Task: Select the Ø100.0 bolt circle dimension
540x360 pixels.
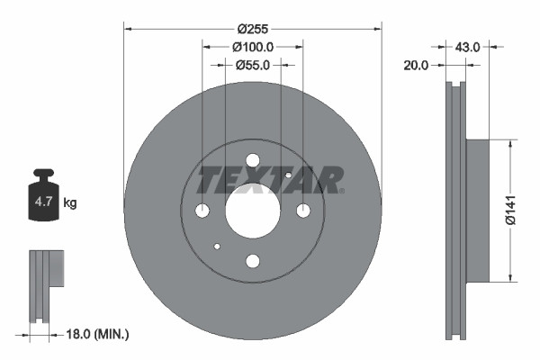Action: tap(253, 46)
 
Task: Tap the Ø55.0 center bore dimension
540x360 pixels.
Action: tap(253, 65)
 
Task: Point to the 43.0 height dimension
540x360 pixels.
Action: tap(468, 44)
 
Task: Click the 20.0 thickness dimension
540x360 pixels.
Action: tap(416, 65)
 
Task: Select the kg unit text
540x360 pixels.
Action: tap(70, 203)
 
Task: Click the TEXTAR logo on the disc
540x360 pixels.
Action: tap(270, 180)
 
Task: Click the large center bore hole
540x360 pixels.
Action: tap(252, 211)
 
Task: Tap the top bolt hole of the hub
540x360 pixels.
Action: tap(252, 160)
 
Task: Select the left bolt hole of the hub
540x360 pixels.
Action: tap(202, 211)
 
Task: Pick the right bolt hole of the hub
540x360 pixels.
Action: tap(303, 211)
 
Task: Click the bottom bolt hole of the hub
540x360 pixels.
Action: tap(252, 261)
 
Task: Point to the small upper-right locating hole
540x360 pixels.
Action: tap(288, 175)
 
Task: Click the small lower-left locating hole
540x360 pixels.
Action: tap(217, 246)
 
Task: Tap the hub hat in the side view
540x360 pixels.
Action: tap(478, 210)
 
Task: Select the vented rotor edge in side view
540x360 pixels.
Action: tap(456, 210)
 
